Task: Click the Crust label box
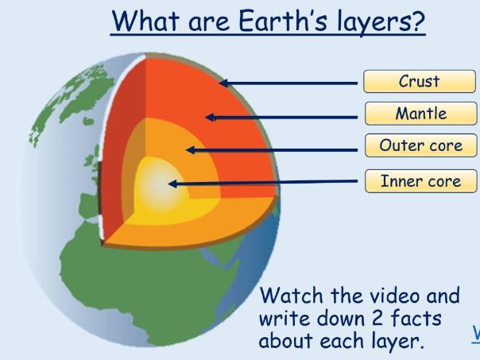click(420, 81)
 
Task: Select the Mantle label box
click(420, 114)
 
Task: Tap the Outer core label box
click(420, 146)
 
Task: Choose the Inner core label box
click(420, 180)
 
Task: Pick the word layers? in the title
click(375, 23)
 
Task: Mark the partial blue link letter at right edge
click(476, 333)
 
